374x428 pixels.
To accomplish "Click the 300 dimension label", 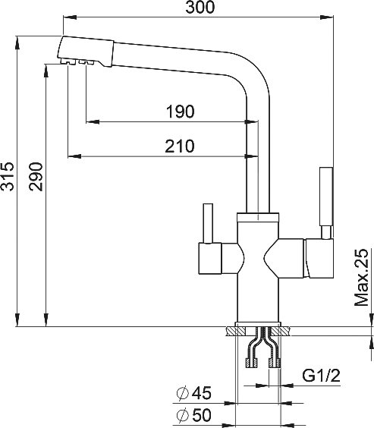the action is (200, 8).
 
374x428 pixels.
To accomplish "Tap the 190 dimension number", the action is (181, 112).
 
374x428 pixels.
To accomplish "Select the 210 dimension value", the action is (180, 146).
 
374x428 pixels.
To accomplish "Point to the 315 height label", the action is (8, 176).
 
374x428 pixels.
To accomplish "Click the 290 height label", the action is (36, 177).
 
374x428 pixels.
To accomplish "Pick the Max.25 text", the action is (361, 277).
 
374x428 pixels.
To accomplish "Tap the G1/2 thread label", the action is (321, 376).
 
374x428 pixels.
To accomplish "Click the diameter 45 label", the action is (194, 393).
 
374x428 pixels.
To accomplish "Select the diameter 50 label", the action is (194, 415).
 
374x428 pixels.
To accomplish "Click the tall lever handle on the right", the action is (326, 197).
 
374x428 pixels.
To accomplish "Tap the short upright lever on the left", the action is (208, 223).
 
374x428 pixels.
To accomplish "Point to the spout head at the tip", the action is (85, 52).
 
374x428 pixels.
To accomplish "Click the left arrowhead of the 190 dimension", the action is (93, 121).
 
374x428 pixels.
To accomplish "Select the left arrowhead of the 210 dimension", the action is (74, 156).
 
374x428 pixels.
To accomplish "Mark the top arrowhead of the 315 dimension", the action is (17, 43).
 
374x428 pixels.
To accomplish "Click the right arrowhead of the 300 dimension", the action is (326, 17).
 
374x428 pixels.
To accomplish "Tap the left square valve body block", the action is (210, 259).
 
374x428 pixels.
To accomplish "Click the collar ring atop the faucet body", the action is (258, 217).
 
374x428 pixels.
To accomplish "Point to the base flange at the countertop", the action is (258, 324).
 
